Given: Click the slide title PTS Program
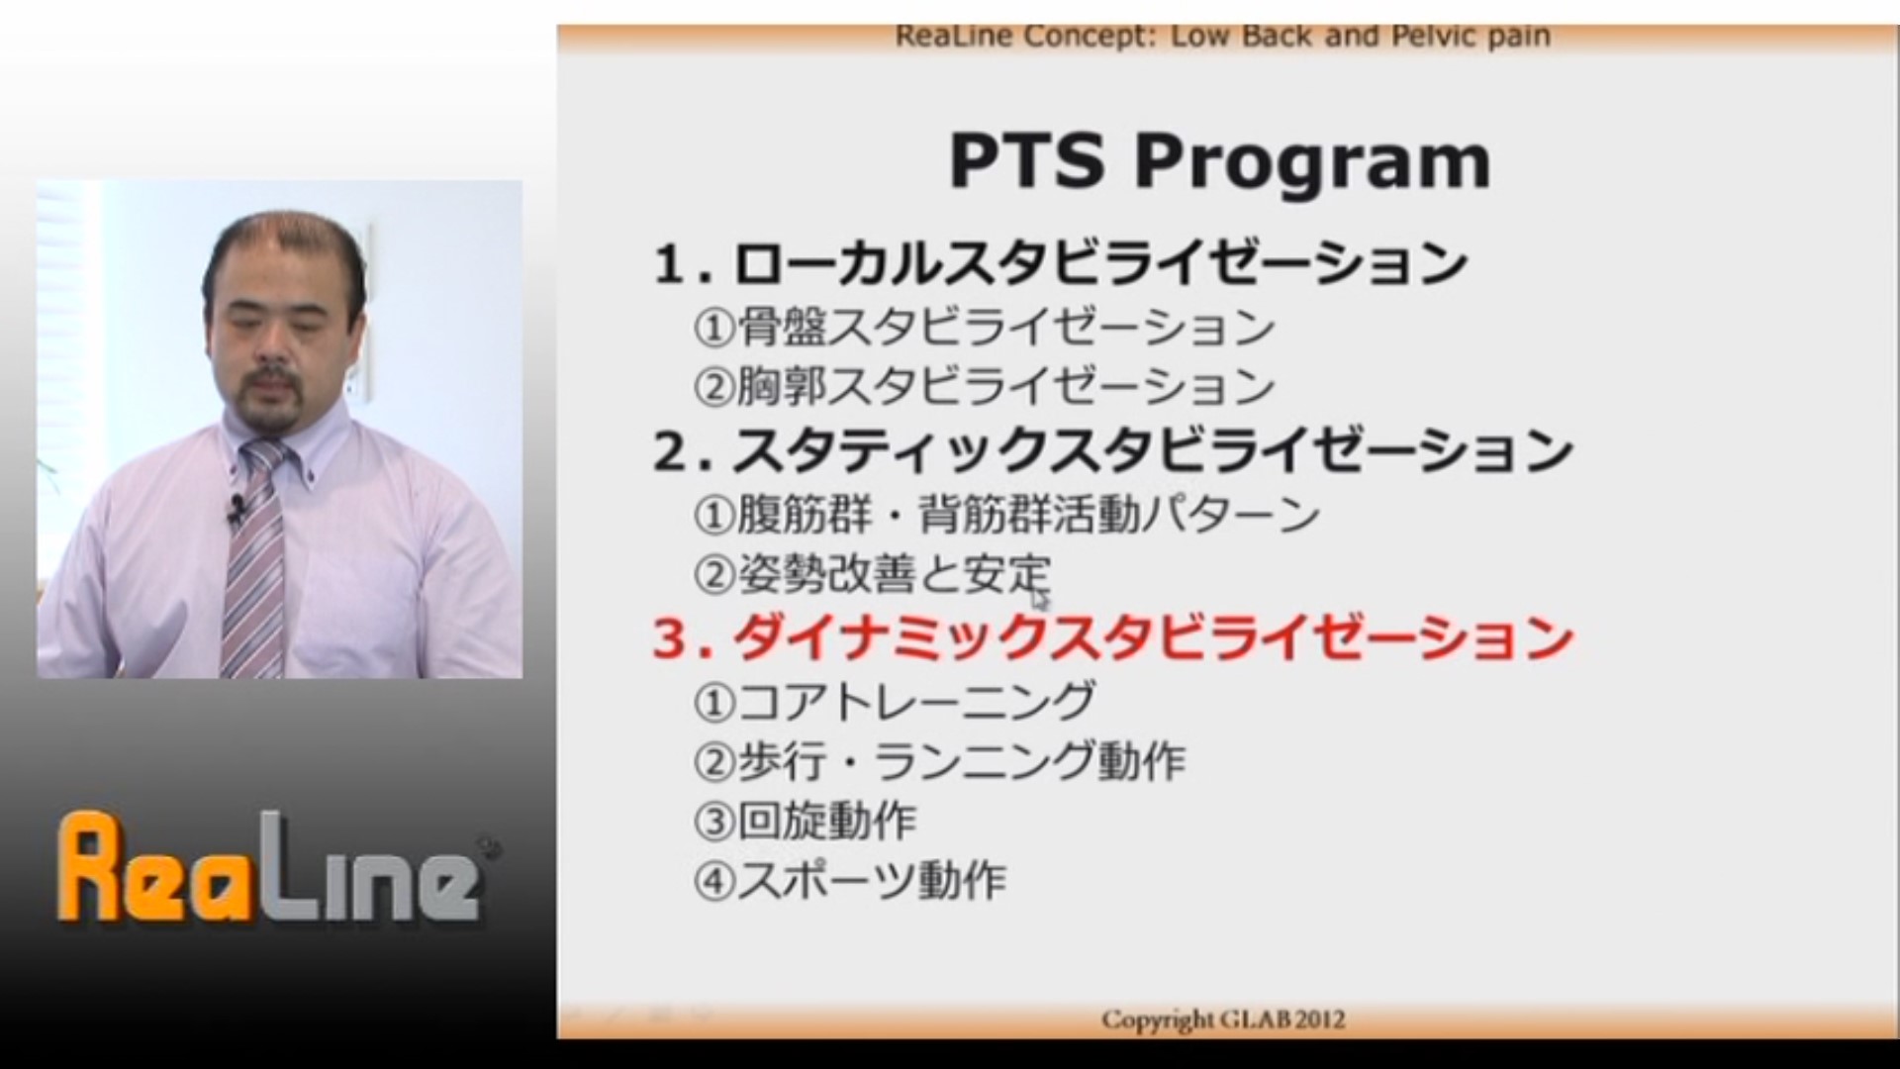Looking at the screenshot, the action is tap(1219, 161).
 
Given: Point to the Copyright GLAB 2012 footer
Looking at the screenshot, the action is tap(1223, 1020).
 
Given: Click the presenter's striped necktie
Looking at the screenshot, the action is tap(255, 559).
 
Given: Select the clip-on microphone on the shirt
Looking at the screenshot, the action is tap(236, 512).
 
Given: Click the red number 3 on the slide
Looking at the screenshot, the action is tap(670, 638).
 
